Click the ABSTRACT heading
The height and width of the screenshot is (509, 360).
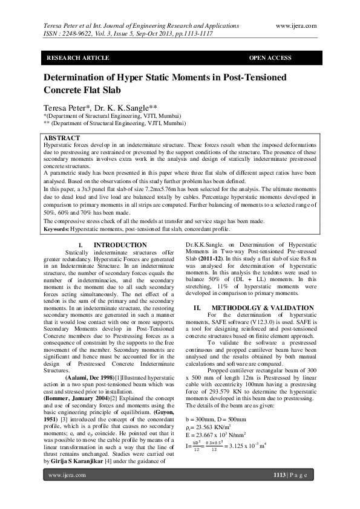[x=62, y=138]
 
